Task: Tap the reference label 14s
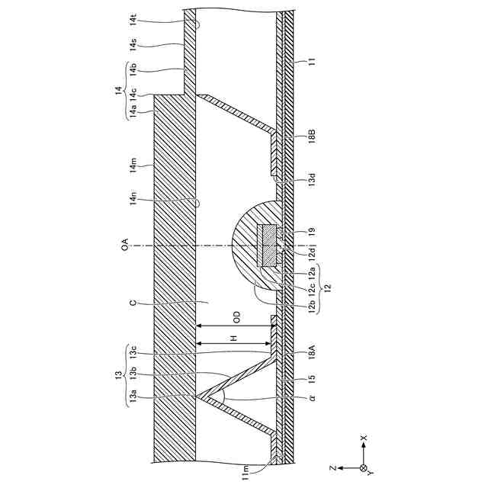[133, 47]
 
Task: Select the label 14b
[133, 72]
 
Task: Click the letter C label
[133, 302]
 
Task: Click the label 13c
[133, 352]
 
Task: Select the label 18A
[313, 353]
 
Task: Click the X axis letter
[364, 438]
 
